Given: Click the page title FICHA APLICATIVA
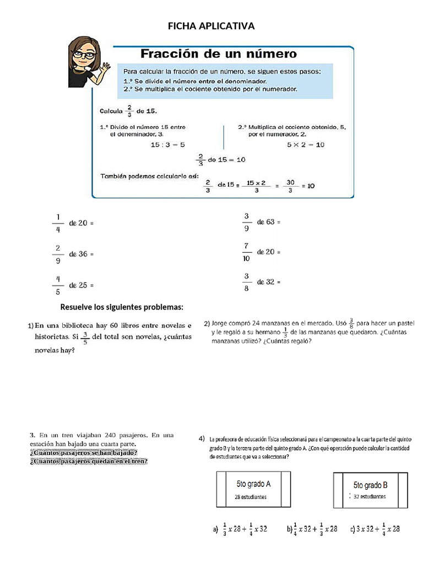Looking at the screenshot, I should (211, 26).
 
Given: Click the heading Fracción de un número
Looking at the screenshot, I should (219, 54).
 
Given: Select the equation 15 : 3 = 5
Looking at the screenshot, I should (167, 144).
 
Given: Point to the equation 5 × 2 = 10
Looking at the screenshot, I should (306, 144).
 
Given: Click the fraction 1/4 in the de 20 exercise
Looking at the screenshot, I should (57, 223).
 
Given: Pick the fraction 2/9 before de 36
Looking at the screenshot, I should (57, 254).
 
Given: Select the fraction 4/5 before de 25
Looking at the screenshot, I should (57, 285).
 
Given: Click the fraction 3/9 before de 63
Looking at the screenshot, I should (246, 221).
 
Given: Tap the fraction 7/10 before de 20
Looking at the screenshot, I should (246, 252).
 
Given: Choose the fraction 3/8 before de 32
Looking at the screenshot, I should (246, 281).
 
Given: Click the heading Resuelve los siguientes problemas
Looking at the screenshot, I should (122, 307).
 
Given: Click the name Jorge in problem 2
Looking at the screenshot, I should (221, 323).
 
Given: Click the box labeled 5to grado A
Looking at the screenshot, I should (253, 489).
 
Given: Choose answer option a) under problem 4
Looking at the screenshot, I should (240, 529).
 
